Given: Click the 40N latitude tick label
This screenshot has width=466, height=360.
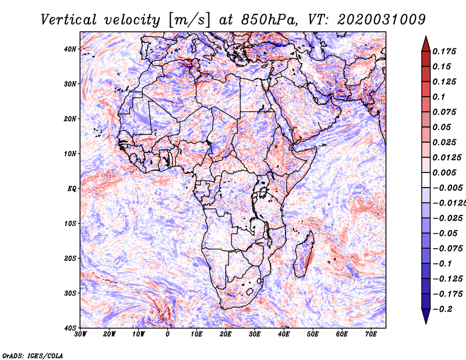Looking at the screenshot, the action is (x=70, y=49).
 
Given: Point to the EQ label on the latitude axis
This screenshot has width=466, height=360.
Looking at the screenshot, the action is (x=72, y=189).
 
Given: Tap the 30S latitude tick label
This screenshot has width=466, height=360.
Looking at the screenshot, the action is (x=70, y=294).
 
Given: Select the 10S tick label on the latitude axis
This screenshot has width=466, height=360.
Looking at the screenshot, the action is (x=70, y=224).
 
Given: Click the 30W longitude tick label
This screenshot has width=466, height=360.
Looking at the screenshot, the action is (x=80, y=334).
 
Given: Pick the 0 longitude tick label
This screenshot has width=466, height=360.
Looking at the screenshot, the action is (x=168, y=334).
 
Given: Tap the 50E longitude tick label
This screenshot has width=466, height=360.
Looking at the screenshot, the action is (x=313, y=334).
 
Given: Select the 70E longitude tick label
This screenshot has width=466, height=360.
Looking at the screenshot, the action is (x=371, y=334).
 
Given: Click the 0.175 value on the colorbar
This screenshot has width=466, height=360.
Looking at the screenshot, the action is (x=444, y=51).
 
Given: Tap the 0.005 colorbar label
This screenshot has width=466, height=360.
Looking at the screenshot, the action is (x=444, y=172).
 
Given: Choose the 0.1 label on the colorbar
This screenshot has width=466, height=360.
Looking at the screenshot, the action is (x=439, y=97).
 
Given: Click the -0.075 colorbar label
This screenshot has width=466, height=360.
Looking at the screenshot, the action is (x=448, y=248).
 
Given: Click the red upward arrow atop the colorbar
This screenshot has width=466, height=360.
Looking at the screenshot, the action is (x=426, y=44).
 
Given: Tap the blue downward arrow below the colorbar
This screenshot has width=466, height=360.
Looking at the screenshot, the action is (x=426, y=316).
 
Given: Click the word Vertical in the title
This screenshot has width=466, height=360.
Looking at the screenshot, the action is (x=68, y=20).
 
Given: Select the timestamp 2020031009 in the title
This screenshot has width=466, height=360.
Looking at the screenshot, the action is (x=382, y=20).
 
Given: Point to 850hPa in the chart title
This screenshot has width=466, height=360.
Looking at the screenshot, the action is (x=269, y=20).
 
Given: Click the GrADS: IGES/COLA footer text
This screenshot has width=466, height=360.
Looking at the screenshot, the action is (x=33, y=355).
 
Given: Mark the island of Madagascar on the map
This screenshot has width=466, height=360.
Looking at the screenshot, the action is (x=304, y=254).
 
